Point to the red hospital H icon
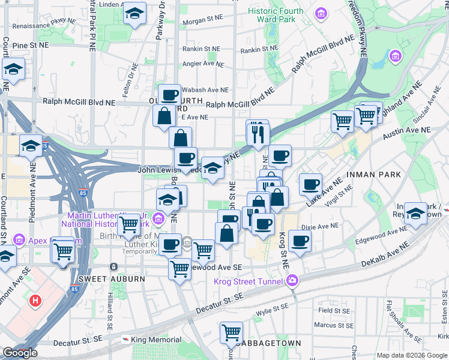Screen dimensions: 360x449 [x=35, y=300]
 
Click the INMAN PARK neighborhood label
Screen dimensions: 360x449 [x=388, y=175]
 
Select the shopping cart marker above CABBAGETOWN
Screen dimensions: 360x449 [x=231, y=331]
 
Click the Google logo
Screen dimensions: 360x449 [x=20, y=353]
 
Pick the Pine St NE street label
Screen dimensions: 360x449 [x=29, y=45]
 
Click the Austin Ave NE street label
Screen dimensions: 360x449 [x=410, y=130]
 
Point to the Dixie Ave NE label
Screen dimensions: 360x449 [x=316, y=227]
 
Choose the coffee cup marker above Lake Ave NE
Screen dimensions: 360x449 [x=310, y=184]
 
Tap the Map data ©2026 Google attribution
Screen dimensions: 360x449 [x=412, y=355]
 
